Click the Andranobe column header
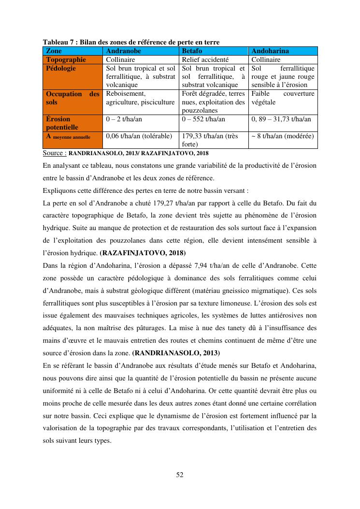pos(124,51)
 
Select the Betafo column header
pos(192,51)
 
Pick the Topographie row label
pos(66,59)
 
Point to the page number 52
pos(180,475)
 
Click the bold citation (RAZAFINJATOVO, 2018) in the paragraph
pos(143,253)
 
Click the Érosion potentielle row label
pos(58,123)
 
